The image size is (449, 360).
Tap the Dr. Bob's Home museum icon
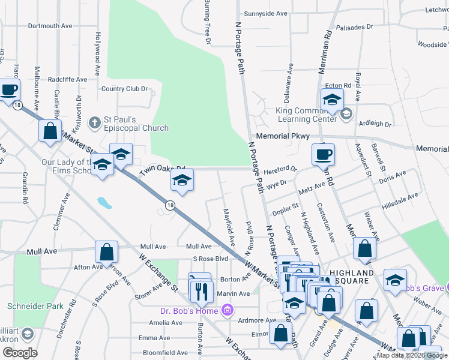coord(227,310)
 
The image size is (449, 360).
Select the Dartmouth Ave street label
coord(50,26)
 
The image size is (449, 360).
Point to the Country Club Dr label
coord(124,89)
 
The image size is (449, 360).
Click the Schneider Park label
coord(35,306)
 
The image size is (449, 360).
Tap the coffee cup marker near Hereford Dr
coord(323,155)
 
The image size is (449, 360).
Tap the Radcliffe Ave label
coord(67,79)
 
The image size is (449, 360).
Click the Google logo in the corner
coord(20,353)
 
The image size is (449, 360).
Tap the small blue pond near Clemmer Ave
coord(105,202)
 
